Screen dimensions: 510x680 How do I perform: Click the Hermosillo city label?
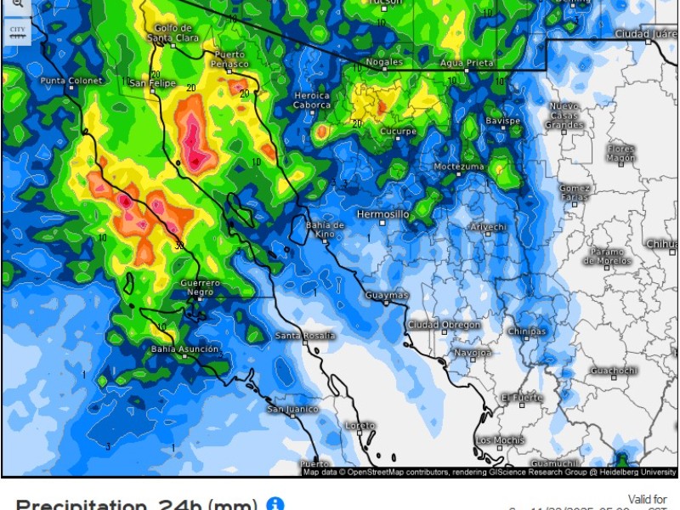click(x=382, y=214)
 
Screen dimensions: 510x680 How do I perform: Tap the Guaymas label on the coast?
click(x=387, y=295)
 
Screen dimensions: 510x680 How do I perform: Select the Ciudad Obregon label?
click(x=444, y=325)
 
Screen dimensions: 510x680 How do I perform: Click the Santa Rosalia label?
click(x=305, y=336)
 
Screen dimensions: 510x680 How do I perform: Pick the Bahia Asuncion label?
click(x=184, y=349)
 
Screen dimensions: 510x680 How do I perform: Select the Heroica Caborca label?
click(x=311, y=100)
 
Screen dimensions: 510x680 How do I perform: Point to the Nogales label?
click(x=383, y=62)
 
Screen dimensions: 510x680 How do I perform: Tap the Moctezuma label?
click(x=459, y=167)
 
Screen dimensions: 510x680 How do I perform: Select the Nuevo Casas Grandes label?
click(x=564, y=115)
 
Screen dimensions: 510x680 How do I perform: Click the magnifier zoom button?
click(x=17, y=5)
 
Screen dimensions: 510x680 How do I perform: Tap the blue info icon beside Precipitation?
click(x=275, y=504)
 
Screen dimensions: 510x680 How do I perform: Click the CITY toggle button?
click(x=17, y=32)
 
